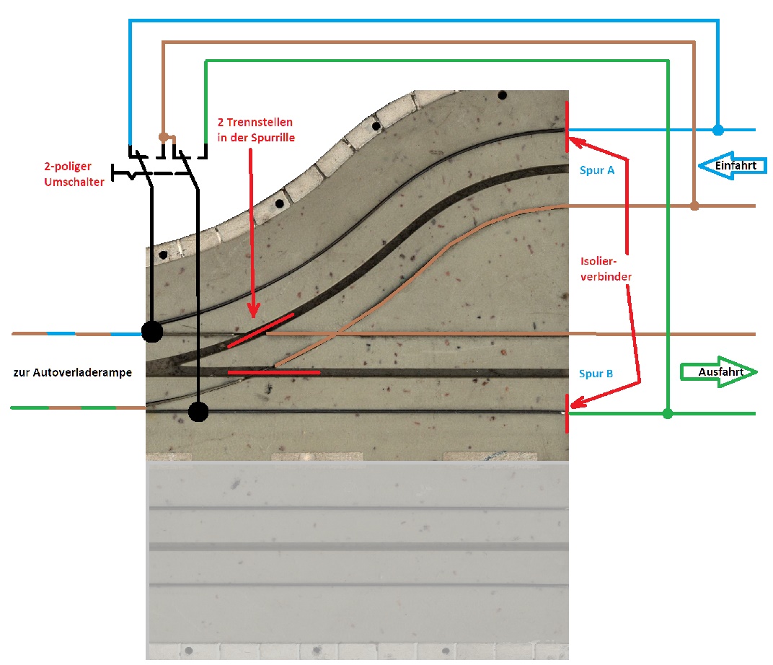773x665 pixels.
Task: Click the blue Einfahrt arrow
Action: (733, 166)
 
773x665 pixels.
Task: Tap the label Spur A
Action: (597, 170)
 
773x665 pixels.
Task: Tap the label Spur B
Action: (596, 374)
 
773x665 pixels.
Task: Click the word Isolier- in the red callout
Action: (598, 261)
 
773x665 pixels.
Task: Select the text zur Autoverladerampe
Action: (72, 373)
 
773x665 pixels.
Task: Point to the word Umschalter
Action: (74, 182)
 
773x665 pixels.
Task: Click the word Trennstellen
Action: (260, 123)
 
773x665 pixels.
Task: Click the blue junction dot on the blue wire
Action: (718, 130)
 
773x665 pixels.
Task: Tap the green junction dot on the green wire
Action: (668, 413)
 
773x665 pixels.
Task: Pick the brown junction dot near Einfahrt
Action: (694, 206)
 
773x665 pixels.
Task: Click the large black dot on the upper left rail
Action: (152, 332)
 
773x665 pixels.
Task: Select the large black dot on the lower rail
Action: (199, 412)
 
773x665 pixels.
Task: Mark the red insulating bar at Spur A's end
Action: (567, 127)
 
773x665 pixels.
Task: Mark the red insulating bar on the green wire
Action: (567, 413)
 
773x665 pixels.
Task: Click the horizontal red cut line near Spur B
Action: (274, 373)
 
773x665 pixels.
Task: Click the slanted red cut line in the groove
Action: (260, 330)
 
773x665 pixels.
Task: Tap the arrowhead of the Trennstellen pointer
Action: (253, 311)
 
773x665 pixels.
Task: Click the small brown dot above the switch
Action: (164, 136)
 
